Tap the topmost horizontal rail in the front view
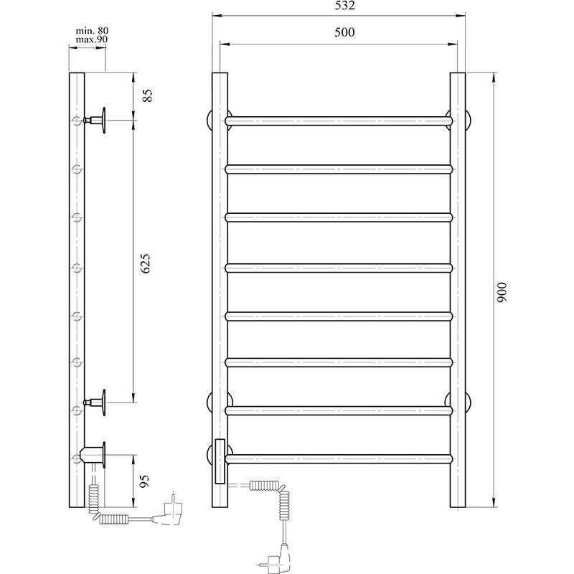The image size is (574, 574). click(339, 121)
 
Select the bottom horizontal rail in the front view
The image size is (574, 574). click(339, 457)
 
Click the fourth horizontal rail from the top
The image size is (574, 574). click(339, 268)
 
